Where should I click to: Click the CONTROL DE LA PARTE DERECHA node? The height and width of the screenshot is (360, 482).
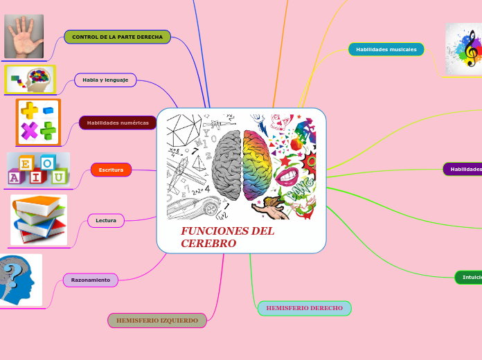point(117,37)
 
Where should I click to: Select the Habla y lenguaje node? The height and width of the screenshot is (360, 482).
point(105,80)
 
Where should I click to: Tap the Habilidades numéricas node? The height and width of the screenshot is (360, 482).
point(118,123)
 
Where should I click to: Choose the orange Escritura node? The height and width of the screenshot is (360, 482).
point(111,170)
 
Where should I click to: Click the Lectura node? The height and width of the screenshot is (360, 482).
point(106,220)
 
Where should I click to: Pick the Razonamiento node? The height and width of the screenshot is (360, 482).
point(91,280)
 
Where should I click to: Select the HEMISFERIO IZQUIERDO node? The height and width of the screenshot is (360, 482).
point(157,321)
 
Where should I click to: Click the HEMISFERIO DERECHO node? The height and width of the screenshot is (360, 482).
point(304,308)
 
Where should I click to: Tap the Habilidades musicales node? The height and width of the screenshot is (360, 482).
point(386,49)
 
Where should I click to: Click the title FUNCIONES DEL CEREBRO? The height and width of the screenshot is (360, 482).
point(227,237)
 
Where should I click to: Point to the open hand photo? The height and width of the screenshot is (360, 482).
point(24,36)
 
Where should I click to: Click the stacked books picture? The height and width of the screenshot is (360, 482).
point(39,219)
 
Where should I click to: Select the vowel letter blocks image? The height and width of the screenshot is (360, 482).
point(38,170)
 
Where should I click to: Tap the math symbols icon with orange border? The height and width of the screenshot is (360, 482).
point(39,122)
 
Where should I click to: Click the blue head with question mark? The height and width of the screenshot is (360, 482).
point(19,280)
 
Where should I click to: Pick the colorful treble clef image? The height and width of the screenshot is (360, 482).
point(463,49)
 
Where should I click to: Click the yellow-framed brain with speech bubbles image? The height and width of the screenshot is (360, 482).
point(30,80)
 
